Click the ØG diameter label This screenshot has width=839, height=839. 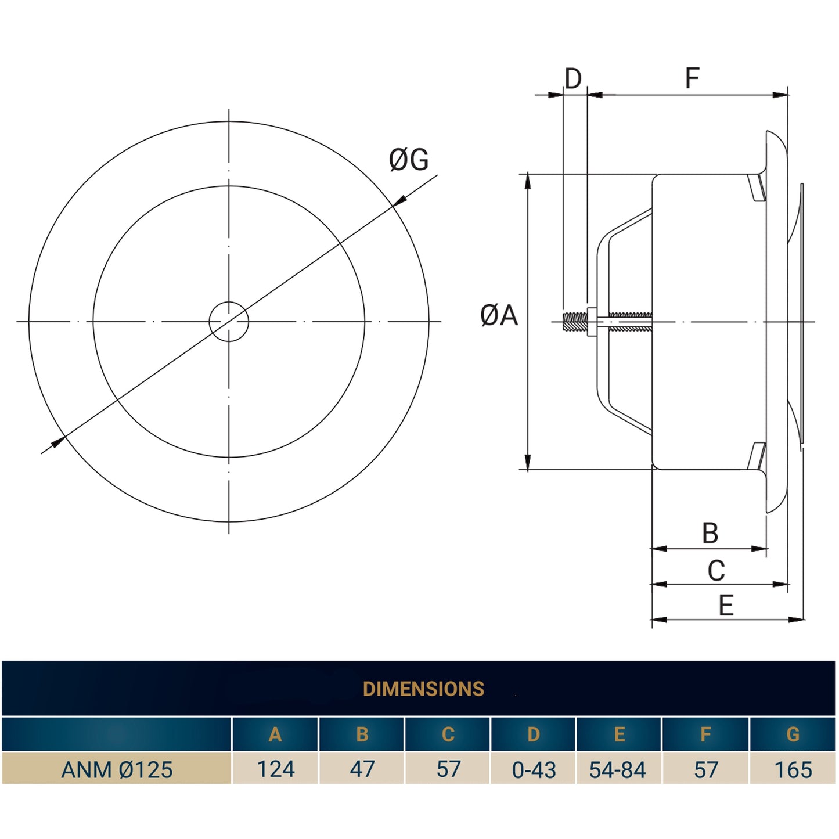[x=409, y=160]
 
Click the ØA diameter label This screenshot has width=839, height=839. [x=499, y=316]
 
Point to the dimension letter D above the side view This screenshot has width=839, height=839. [x=572, y=78]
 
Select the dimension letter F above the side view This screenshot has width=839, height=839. [x=692, y=78]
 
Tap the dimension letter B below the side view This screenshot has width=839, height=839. [x=710, y=533]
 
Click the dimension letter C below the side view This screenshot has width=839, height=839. [x=716, y=571]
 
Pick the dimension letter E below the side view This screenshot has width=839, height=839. [x=726, y=606]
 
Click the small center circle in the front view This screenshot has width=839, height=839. [x=229, y=322]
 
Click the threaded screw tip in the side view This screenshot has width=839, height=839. [x=574, y=322]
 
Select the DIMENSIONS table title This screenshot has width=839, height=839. [x=423, y=689]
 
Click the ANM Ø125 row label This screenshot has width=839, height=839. [x=117, y=770]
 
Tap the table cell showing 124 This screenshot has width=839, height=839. [x=275, y=769]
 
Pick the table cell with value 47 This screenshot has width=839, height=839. [x=362, y=769]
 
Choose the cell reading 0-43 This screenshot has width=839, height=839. [x=534, y=770]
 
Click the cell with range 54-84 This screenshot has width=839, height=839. [x=618, y=770]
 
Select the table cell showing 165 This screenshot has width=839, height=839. [x=793, y=770]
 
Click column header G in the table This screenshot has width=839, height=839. [x=793, y=734]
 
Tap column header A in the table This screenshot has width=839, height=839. [x=275, y=734]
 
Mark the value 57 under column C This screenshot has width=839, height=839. [x=448, y=769]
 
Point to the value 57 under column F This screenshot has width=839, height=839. [x=706, y=770]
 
